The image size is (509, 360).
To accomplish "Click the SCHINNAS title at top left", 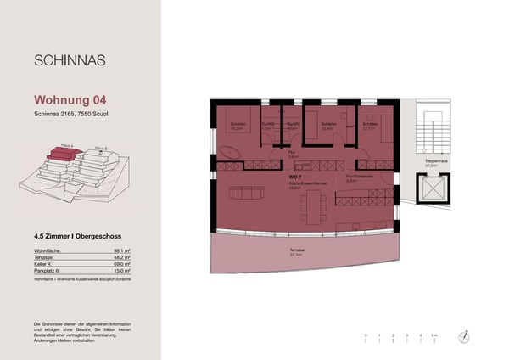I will [x=69, y=60].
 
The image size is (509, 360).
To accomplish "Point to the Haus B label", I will [x=101, y=148].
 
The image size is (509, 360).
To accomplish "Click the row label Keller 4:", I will [x=48, y=265].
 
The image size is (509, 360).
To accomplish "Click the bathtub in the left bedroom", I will [x=231, y=153].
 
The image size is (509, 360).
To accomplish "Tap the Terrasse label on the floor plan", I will [x=296, y=250].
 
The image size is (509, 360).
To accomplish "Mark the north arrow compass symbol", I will [x=464, y=336].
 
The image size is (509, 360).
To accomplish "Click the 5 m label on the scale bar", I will [x=434, y=337].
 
